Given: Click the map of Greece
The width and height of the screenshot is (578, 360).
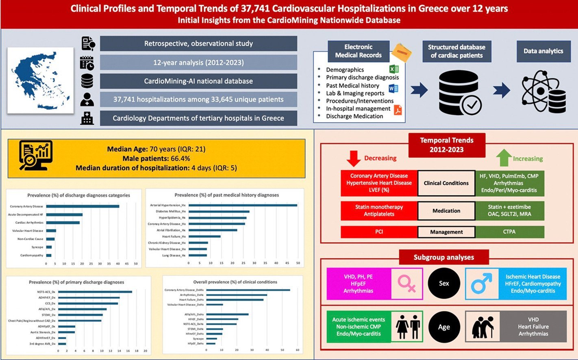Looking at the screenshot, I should pos(40,80).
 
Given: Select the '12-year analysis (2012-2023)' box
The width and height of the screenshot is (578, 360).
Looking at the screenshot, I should pos(198,63).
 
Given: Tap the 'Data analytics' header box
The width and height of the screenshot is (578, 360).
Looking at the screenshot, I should pos(543,51).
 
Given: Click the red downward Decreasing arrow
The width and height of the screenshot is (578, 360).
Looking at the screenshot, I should pos(353,158).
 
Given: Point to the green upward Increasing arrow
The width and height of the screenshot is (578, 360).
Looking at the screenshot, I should pos(504,157).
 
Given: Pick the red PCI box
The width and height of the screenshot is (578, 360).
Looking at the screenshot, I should pos(379,232).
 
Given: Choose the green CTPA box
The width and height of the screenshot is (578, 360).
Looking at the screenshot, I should pos(509,232).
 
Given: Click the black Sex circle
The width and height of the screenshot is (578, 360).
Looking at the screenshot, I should pos(444,283).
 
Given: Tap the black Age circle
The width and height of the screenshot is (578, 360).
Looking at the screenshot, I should pos(444,327).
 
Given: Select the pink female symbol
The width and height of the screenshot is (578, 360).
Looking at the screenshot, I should pos(406,283).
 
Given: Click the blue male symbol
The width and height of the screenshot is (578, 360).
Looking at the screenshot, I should pos(481,283).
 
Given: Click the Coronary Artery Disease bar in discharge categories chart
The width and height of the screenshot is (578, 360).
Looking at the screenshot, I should pos(83,206).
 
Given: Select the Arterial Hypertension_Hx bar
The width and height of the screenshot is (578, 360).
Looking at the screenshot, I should pos(243,205).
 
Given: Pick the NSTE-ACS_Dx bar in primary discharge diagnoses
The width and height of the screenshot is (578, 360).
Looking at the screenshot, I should pos(95,292).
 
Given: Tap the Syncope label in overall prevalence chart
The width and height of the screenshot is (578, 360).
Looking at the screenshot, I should pos(198,338).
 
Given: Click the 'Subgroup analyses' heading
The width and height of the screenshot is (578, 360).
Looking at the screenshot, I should pos(443,257).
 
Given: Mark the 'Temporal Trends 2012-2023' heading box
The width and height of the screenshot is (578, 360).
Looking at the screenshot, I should pos(446,145).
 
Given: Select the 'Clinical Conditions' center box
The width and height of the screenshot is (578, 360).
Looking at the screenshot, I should pos(446,183).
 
